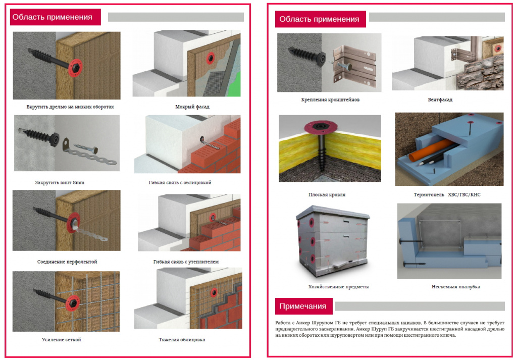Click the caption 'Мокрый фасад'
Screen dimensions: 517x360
coord(192,107)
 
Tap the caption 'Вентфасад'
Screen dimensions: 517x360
coord(440,99)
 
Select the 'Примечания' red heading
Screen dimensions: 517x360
coord(303,306)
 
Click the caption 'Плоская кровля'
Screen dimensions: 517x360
coord(327,195)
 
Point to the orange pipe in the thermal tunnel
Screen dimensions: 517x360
coord(432,149)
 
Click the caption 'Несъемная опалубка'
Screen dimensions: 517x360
coord(456,287)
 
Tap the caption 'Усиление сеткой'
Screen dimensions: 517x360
coord(61,340)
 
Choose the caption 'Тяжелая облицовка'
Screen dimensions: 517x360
coord(182,340)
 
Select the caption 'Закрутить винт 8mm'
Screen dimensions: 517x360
coord(60,183)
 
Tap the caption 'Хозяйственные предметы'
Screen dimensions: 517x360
coord(338,287)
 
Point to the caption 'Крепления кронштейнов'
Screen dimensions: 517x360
coord(330,99)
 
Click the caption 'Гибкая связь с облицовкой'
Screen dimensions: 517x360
coord(180,183)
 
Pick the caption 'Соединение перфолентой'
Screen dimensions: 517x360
coord(67,262)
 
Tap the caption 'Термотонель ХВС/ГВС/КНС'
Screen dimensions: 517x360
coord(447,195)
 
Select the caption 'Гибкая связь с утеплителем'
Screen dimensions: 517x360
coord(186,262)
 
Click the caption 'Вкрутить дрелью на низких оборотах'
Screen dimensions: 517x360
coord(70,107)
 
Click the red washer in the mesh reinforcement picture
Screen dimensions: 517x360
coord(73,303)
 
